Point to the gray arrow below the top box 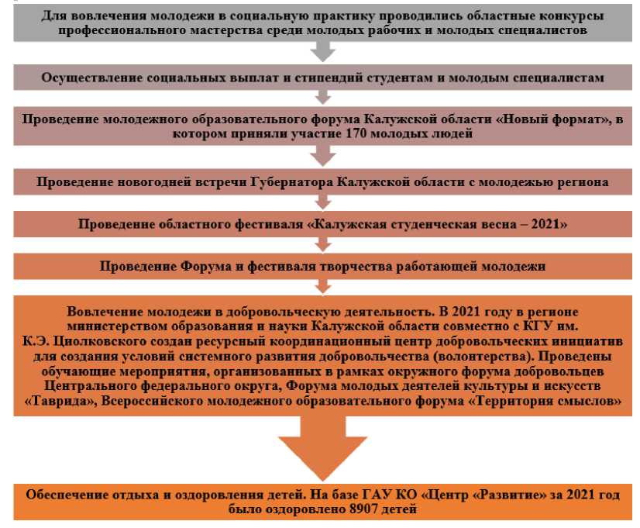[x=320, y=50]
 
